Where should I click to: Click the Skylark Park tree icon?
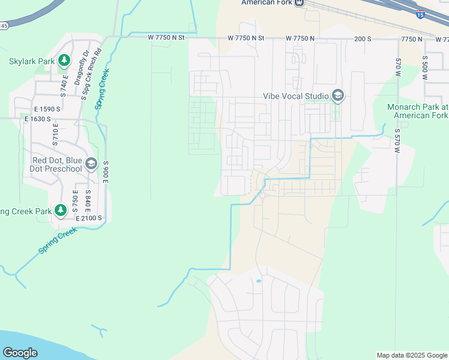pos(64,61)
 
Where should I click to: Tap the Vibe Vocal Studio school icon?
pos(337,96)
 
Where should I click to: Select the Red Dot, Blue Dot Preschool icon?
pos(91,164)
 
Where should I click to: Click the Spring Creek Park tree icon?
pos(60,211)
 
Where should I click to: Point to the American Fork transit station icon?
pos(298,3)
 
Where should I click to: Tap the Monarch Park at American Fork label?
pos(418,110)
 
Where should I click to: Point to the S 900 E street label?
pos(105,172)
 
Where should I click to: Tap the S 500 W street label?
pos(424,68)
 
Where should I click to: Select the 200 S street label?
pos(362,38)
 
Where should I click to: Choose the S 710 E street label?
pos(55,136)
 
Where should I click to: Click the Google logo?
pos(20,353)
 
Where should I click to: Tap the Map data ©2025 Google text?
pos(411,355)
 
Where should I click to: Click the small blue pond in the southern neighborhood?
pos(259,281)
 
